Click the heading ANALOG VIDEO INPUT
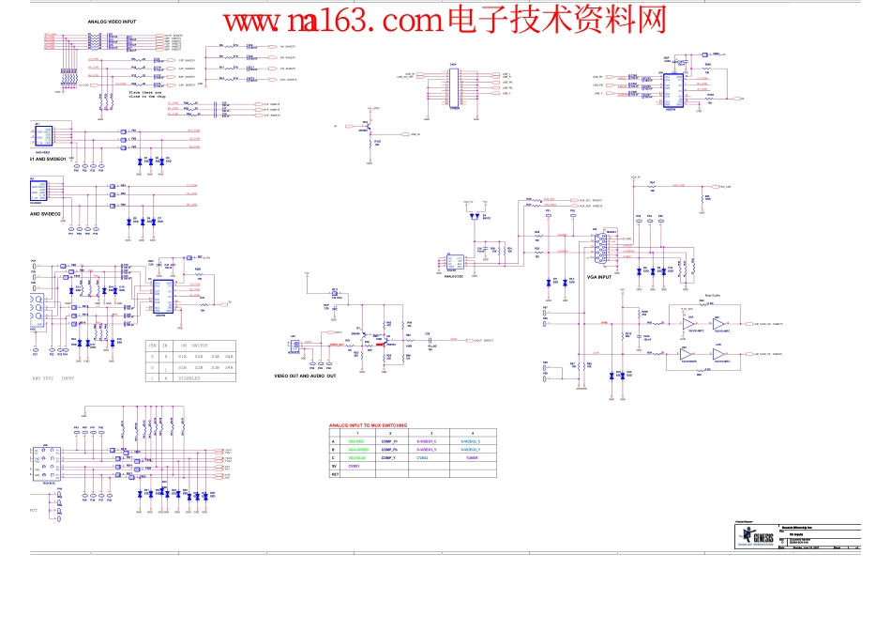tap(111, 20)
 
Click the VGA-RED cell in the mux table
tap(357, 441)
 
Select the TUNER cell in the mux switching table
tap(472, 458)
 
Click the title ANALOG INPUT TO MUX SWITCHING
tap(373, 425)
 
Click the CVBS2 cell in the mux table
tap(422, 458)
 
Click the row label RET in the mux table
tap(335, 474)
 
